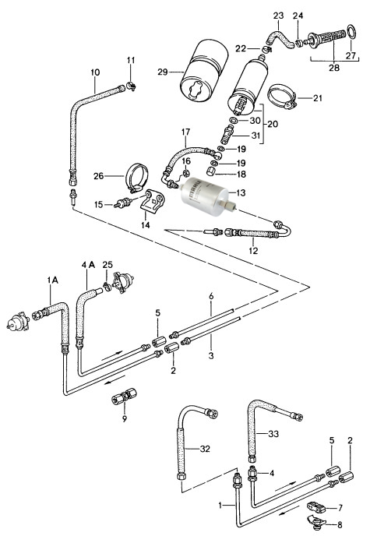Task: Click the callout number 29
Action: point(162,72)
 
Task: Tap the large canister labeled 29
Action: point(205,72)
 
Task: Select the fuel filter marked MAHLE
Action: point(206,196)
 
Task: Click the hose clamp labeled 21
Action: point(283,97)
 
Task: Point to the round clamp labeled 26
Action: point(136,178)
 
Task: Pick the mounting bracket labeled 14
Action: point(153,203)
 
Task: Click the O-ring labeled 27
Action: point(351,32)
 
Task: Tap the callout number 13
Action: point(241,192)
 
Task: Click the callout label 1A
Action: point(53,280)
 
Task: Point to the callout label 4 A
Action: point(88,265)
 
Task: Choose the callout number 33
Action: point(273,434)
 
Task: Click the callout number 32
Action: point(205,449)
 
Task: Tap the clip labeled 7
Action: point(316,508)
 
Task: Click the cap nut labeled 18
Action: point(211,171)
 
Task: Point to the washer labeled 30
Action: point(233,121)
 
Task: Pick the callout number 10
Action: point(95,72)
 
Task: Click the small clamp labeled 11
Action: point(131,86)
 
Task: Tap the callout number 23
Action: point(278,16)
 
